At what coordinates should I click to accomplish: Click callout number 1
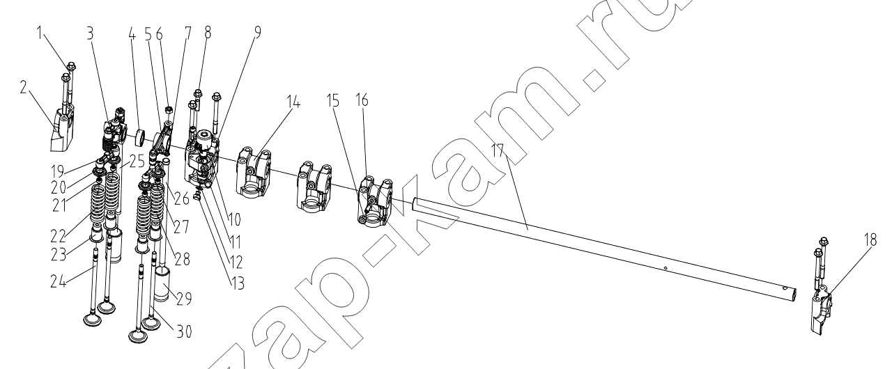[x=40, y=33]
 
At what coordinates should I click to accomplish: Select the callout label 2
[x=24, y=87]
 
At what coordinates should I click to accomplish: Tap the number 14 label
[x=292, y=102]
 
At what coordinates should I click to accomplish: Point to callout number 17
[x=498, y=151]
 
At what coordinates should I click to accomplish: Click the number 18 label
[x=870, y=240]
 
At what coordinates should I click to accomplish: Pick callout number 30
[x=184, y=331]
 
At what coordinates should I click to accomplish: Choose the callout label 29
[x=184, y=299]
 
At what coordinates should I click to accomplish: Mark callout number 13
[x=238, y=284]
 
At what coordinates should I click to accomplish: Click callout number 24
[x=58, y=281]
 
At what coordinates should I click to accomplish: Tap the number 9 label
[x=258, y=33]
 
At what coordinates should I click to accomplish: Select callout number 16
[x=362, y=100]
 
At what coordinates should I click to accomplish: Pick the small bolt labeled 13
[x=197, y=195]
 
